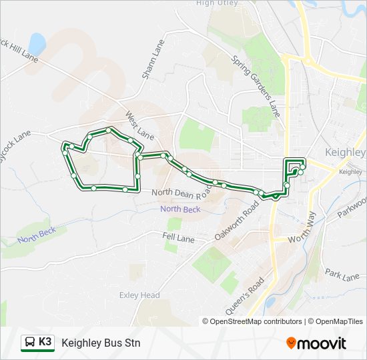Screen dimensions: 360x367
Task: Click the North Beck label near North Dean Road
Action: point(180,209)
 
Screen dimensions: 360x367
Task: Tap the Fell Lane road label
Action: point(177,236)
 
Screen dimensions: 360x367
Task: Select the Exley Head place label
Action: point(139,295)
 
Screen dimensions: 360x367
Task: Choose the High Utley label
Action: point(217,3)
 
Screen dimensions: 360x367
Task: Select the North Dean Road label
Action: point(181,191)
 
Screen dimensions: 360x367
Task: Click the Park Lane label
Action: point(342,274)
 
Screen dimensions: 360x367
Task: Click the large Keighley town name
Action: point(344,152)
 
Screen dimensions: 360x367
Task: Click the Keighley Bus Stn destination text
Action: point(101,343)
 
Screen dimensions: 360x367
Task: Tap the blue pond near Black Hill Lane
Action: point(37,45)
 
